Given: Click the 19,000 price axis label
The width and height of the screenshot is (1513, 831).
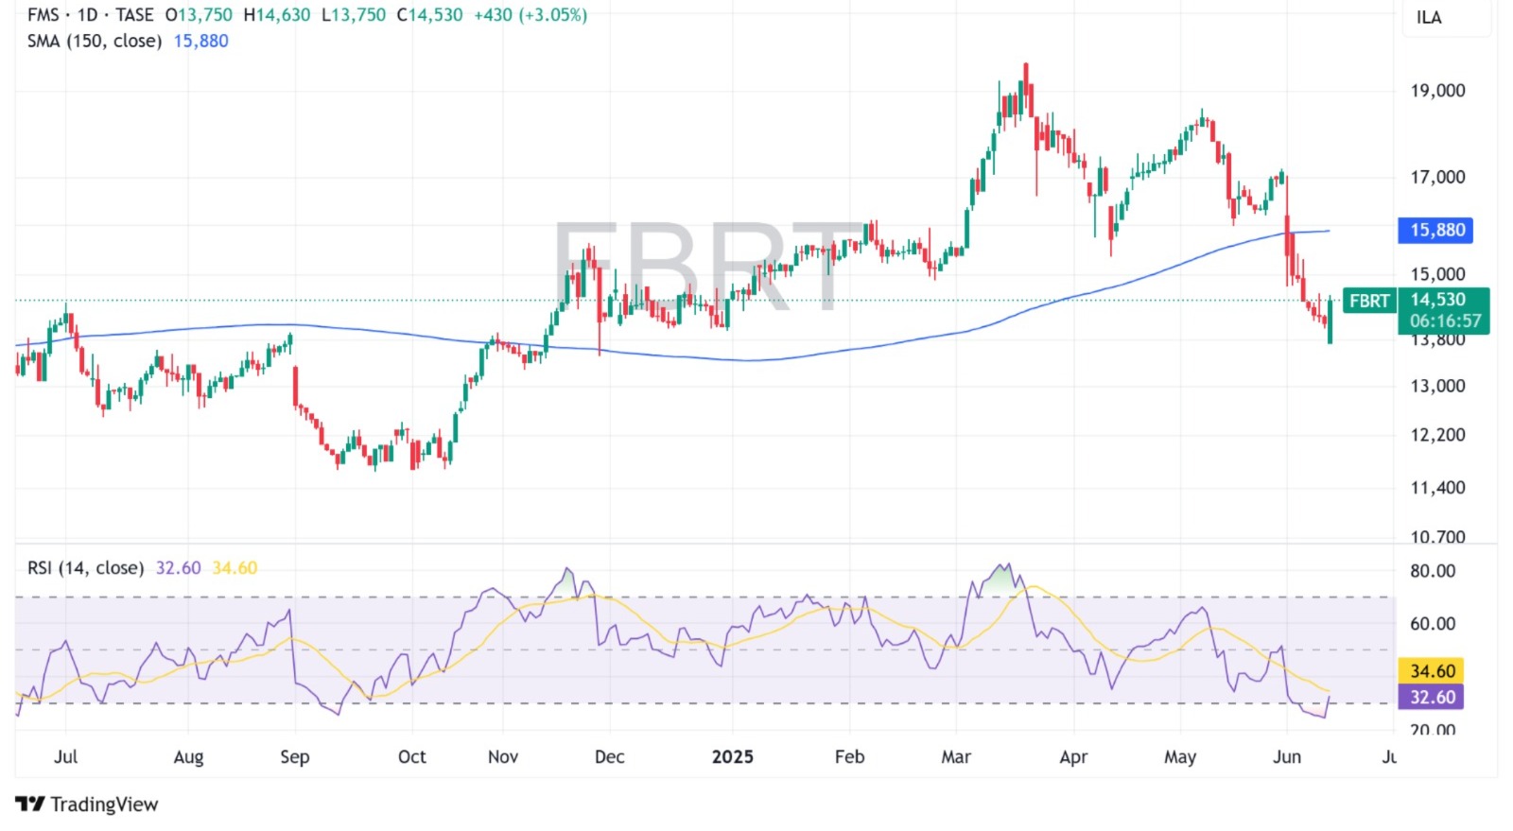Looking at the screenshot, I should point(1437,91).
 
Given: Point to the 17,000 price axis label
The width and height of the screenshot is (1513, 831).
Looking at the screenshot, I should point(1437,177).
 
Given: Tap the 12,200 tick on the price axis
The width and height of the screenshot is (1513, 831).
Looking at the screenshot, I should point(1437,435).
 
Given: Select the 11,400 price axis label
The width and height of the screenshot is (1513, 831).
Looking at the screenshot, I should point(1437,488).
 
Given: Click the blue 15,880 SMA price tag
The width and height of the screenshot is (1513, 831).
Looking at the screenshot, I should point(1435,230).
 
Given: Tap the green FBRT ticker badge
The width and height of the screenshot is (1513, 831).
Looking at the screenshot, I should point(1368,301).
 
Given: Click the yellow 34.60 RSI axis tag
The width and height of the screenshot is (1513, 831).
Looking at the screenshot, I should point(1432,671).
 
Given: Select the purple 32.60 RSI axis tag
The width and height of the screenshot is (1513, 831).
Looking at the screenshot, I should point(1432,697).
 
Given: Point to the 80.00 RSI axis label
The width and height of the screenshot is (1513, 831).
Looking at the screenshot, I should point(1432,571).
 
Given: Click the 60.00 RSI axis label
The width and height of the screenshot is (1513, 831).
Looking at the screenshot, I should point(1432,624).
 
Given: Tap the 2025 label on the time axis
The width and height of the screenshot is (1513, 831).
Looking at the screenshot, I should point(732,757).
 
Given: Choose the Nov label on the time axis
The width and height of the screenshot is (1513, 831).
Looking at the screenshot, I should point(503,757).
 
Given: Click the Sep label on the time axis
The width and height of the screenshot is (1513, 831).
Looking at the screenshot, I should point(295,757).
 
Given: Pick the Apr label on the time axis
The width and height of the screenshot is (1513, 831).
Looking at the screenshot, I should point(1073,757).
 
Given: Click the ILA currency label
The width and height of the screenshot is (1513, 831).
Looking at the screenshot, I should point(1428,18).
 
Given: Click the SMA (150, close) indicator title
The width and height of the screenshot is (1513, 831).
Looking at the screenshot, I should point(95,41).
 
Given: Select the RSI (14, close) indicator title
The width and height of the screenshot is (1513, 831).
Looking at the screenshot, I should point(85,568).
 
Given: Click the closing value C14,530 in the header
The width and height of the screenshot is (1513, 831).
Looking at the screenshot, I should point(429,15).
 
